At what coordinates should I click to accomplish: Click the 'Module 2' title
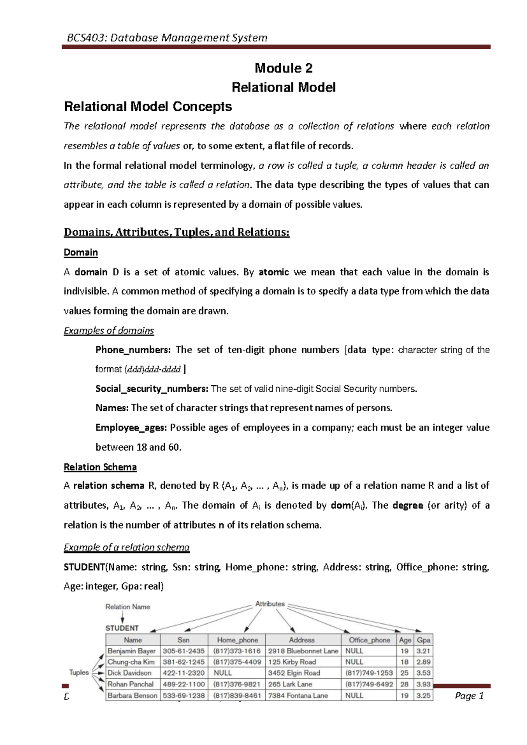point(283,68)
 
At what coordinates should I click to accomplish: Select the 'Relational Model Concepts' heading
point(148,107)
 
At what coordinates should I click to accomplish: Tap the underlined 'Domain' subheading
point(81,253)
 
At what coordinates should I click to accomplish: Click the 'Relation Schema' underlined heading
point(100,467)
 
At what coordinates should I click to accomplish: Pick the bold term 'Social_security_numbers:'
point(152,389)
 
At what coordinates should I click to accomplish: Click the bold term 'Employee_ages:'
point(131,428)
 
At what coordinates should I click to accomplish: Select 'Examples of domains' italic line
point(109,331)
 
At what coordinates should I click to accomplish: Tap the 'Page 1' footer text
point(469,696)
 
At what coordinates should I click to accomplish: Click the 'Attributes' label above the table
point(270,604)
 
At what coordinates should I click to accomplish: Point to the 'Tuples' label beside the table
point(79,673)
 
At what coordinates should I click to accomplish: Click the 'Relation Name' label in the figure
point(128,607)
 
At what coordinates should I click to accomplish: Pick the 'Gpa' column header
point(423,640)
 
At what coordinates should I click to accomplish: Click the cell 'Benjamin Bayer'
point(132,651)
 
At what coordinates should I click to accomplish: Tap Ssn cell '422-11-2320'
point(184,673)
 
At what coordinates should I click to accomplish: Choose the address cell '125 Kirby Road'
point(292,662)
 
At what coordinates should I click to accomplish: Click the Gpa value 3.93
point(423,684)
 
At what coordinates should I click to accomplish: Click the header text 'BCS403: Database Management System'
point(167,38)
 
